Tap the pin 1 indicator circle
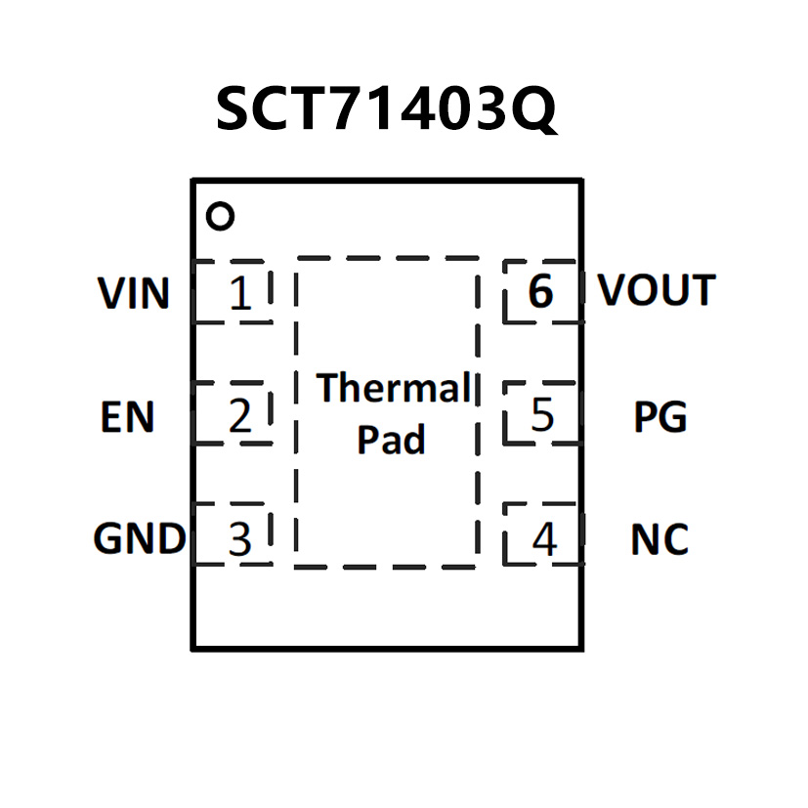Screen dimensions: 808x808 tap(222, 216)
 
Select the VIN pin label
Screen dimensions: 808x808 tap(134, 293)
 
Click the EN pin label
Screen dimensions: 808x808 tap(128, 417)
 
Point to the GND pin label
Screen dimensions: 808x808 tap(139, 538)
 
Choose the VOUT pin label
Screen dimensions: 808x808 tap(657, 290)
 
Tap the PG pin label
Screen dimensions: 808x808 tap(660, 417)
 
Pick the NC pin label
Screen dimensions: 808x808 tap(659, 539)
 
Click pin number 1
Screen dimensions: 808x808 tap(240, 294)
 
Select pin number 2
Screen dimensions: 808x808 tap(240, 417)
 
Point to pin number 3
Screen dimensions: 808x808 tap(239, 539)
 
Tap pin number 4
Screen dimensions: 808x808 tap(544, 539)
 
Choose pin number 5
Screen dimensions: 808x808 tap(542, 416)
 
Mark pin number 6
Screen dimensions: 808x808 tap(540, 292)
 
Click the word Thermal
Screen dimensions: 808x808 tap(394, 389)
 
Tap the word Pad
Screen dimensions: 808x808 tap(391, 440)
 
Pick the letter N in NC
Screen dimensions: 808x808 tap(645, 539)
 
